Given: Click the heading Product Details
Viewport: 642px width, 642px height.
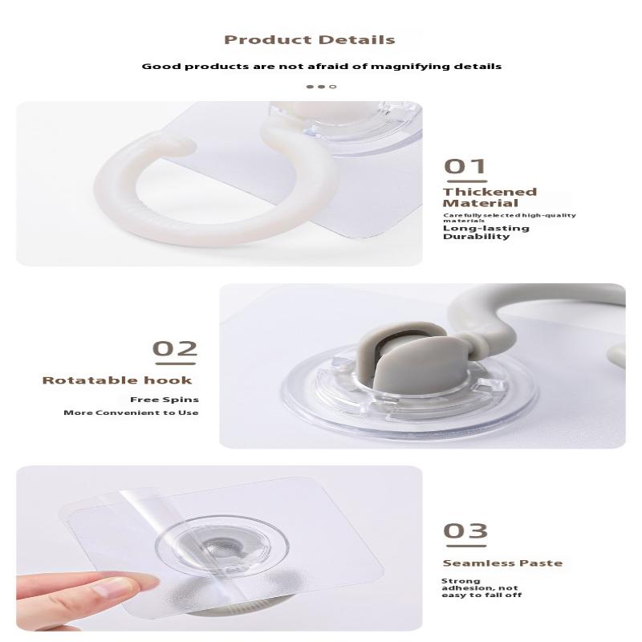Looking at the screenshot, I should (309, 39).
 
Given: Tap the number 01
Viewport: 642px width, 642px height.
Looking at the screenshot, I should (465, 166).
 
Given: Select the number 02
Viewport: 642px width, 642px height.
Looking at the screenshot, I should (175, 348).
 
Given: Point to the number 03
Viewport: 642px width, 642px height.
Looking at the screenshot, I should (465, 530).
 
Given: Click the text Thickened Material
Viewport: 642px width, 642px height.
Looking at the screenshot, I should (490, 197).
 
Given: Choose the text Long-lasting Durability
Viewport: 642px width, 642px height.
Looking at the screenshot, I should (486, 232).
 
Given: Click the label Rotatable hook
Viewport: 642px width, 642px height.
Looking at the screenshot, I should (117, 380).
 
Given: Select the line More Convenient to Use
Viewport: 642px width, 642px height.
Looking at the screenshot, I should (131, 412).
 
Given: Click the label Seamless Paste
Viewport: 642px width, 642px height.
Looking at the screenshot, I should (502, 563).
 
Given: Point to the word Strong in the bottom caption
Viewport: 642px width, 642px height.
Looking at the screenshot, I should (461, 581).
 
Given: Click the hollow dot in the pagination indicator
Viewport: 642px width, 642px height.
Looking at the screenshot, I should (333, 87).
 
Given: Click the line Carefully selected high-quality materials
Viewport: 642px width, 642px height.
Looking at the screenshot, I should (509, 217).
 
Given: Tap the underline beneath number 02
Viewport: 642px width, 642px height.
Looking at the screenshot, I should (175, 361).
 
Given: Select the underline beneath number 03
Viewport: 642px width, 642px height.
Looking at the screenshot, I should (465, 543).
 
